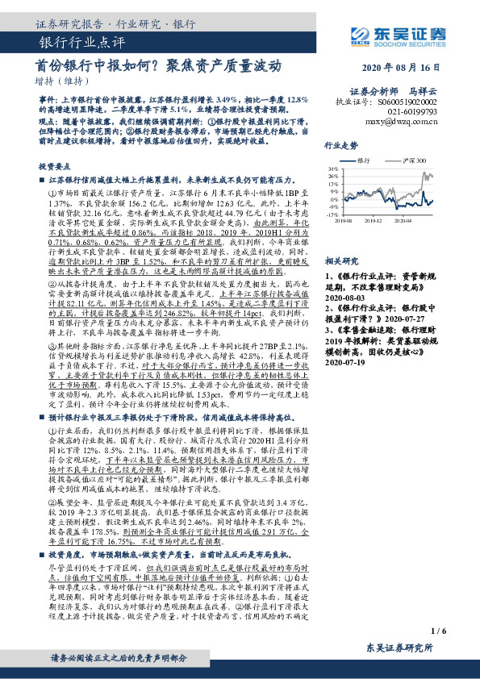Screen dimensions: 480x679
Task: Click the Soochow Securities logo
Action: click(394, 34)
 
